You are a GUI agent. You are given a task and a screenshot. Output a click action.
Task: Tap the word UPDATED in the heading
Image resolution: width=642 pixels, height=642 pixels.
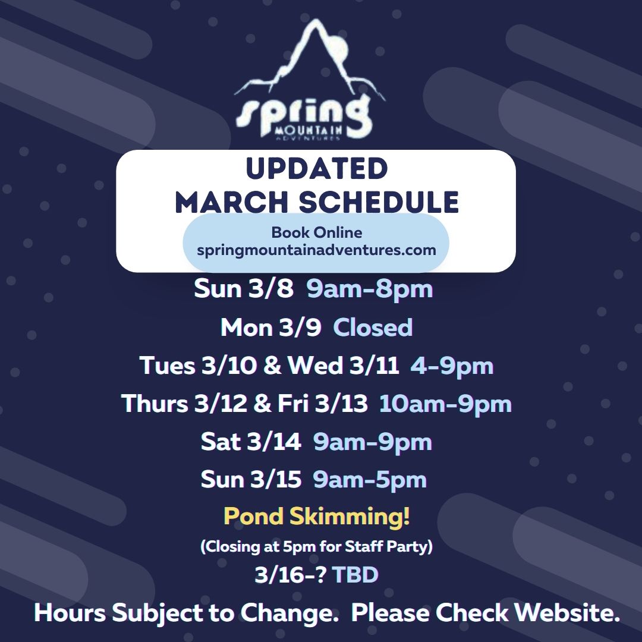(x=316, y=168)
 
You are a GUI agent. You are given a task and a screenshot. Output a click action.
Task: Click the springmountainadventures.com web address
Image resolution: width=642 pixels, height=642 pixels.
(x=316, y=250)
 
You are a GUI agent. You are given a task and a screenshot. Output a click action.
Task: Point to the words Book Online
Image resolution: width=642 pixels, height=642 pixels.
(x=316, y=232)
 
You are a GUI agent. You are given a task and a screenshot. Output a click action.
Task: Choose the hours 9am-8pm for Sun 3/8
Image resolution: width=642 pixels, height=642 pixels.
(x=370, y=289)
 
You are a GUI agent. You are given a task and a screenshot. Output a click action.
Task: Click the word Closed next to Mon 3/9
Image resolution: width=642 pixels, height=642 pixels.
(x=373, y=328)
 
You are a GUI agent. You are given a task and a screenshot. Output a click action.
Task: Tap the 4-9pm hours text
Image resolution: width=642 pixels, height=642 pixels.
(x=452, y=366)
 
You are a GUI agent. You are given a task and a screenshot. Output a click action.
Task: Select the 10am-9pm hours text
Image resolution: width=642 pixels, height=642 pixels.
(x=445, y=404)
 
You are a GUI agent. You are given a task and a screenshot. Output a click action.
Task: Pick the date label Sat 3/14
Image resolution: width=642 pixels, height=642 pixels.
(x=251, y=441)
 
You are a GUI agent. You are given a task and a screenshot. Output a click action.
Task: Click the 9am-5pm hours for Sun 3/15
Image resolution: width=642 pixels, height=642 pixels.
(x=370, y=480)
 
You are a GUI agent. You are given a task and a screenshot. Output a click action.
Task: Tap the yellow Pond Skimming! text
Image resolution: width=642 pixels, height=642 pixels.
(x=316, y=516)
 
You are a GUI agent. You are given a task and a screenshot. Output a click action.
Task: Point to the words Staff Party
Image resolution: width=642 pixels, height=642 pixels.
(x=386, y=546)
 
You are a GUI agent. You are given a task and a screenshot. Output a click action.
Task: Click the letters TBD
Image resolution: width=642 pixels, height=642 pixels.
(x=354, y=574)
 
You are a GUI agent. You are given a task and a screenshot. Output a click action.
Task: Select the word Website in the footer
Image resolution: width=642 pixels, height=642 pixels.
(x=567, y=612)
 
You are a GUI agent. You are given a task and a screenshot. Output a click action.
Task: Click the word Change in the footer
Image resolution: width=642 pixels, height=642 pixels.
(x=289, y=613)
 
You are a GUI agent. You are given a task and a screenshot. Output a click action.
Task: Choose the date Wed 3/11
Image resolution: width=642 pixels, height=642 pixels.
(x=343, y=365)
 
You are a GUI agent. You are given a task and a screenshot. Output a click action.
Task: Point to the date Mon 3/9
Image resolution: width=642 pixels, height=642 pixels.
(x=270, y=328)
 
